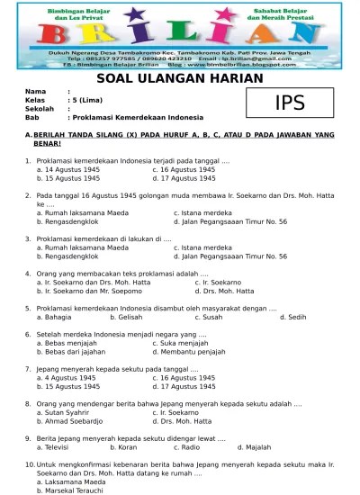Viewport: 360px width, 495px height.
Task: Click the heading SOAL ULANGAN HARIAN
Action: click(x=179, y=78)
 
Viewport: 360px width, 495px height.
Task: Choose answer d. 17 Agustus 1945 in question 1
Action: click(x=184, y=178)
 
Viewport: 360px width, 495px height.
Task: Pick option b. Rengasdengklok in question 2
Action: click(x=80, y=220)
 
